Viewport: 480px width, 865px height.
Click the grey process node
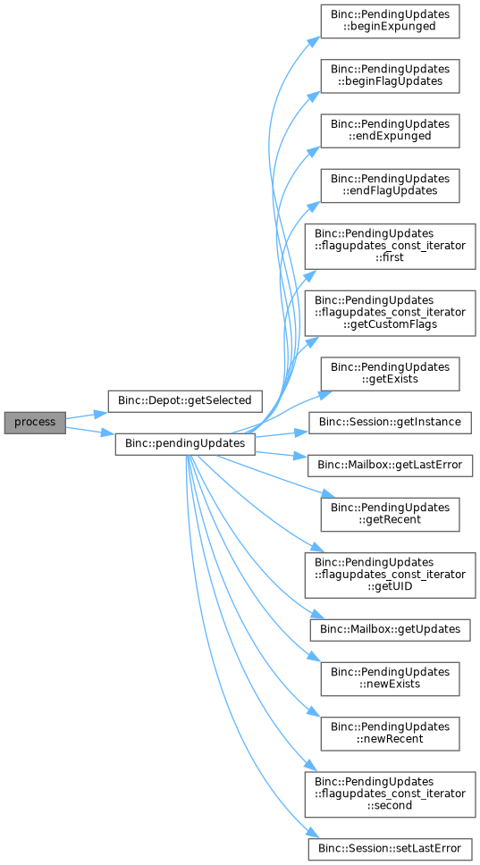click(36, 423)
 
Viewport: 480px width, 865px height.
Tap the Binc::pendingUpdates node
click(185, 444)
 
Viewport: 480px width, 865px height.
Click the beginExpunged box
click(390, 22)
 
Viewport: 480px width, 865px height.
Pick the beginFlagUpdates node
click(390, 77)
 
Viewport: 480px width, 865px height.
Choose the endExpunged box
click(390, 131)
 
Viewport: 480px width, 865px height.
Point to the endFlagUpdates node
click(390, 186)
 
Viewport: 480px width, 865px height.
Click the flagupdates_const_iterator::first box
click(390, 247)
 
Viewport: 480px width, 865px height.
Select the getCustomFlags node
click(390, 314)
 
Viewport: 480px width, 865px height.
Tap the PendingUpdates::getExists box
click(390, 374)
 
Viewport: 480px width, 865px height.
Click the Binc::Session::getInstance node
click(390, 423)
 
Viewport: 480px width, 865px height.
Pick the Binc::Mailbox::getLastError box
click(390, 466)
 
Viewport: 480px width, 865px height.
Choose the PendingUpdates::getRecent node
click(390, 515)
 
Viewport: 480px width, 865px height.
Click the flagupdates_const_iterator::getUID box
click(390, 575)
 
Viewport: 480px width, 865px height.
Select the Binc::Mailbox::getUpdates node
click(390, 630)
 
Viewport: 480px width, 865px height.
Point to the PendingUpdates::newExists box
click(390, 678)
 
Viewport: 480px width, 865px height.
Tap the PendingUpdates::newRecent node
click(390, 733)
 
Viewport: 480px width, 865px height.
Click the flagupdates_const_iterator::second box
click(390, 794)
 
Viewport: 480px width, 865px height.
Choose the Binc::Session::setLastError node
click(390, 848)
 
